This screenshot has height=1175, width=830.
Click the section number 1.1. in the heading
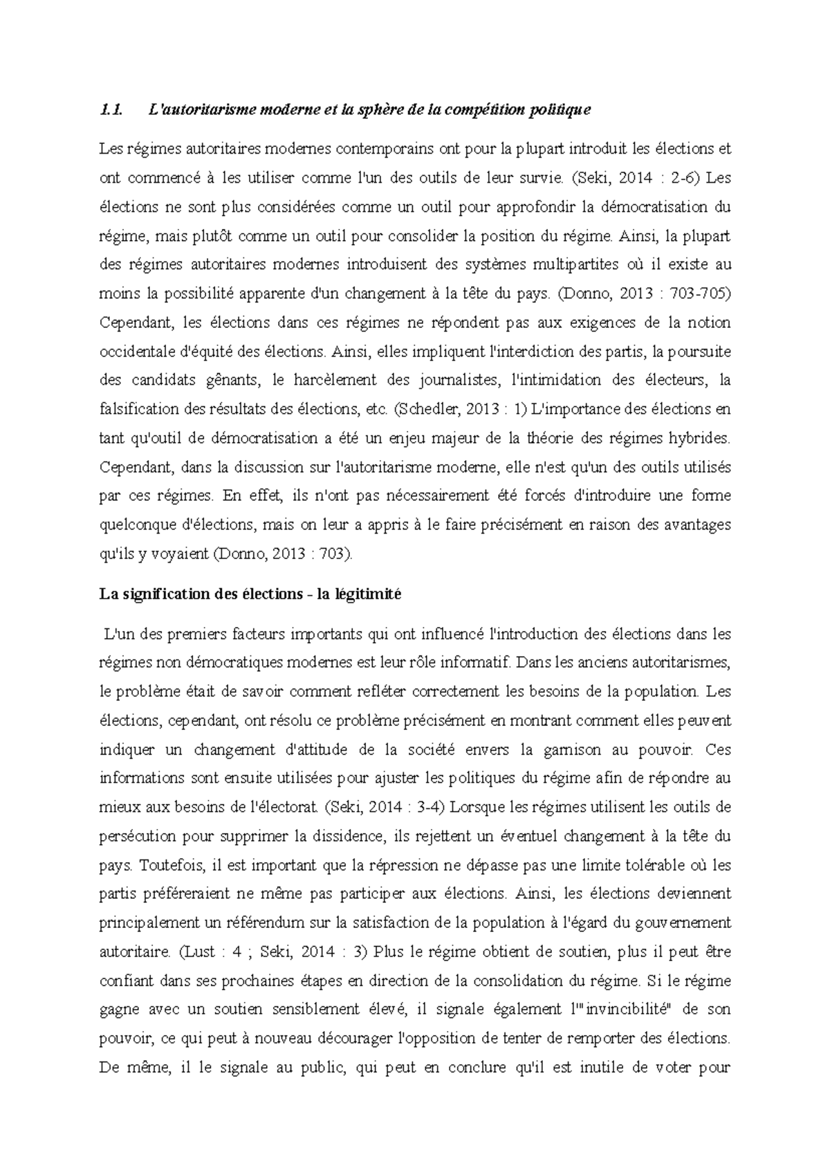[111, 109]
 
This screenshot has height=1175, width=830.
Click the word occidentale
[138, 352]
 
